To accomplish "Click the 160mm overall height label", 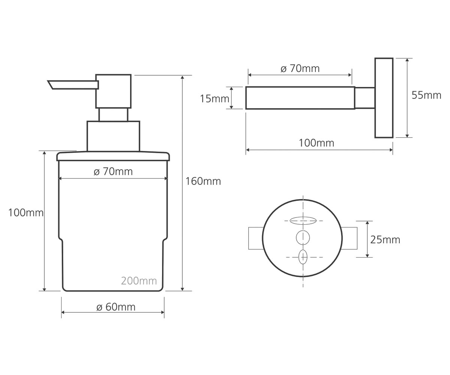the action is tap(203, 181).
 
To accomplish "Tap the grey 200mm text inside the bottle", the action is tap(139, 281).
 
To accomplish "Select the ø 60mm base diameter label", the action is tap(116, 307).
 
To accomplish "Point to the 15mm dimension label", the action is tap(214, 99).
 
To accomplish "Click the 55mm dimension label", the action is tap(426, 95).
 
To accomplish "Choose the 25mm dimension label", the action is tap(385, 240).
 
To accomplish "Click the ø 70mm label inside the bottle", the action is tap(113, 171).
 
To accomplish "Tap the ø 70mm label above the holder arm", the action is tap(300, 69).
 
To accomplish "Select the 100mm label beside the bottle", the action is tap(26, 213).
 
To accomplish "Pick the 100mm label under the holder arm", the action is tap(316, 143).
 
